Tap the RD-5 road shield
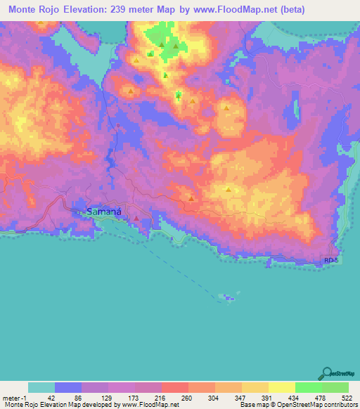click(x=331, y=261)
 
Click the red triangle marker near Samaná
click(x=136, y=218)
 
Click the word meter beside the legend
click(x=10, y=398)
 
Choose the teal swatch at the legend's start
click(x=41, y=387)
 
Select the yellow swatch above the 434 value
click(x=282, y=387)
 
